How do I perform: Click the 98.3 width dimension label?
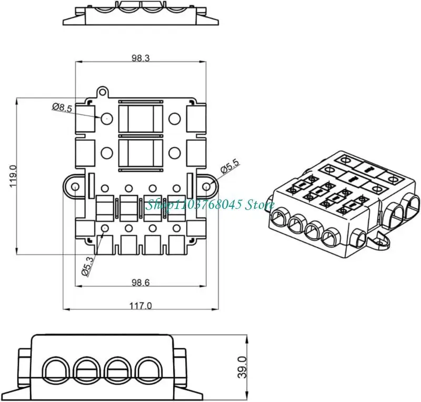coord(141,59)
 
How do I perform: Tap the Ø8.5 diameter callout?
coord(62,107)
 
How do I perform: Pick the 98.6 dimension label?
coord(141,283)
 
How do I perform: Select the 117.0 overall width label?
coord(141,305)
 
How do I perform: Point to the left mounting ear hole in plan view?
coord(75,187)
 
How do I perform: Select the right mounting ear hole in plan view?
coord(207,186)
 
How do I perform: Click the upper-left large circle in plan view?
coord(107,118)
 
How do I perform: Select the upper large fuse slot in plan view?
coord(141,118)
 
